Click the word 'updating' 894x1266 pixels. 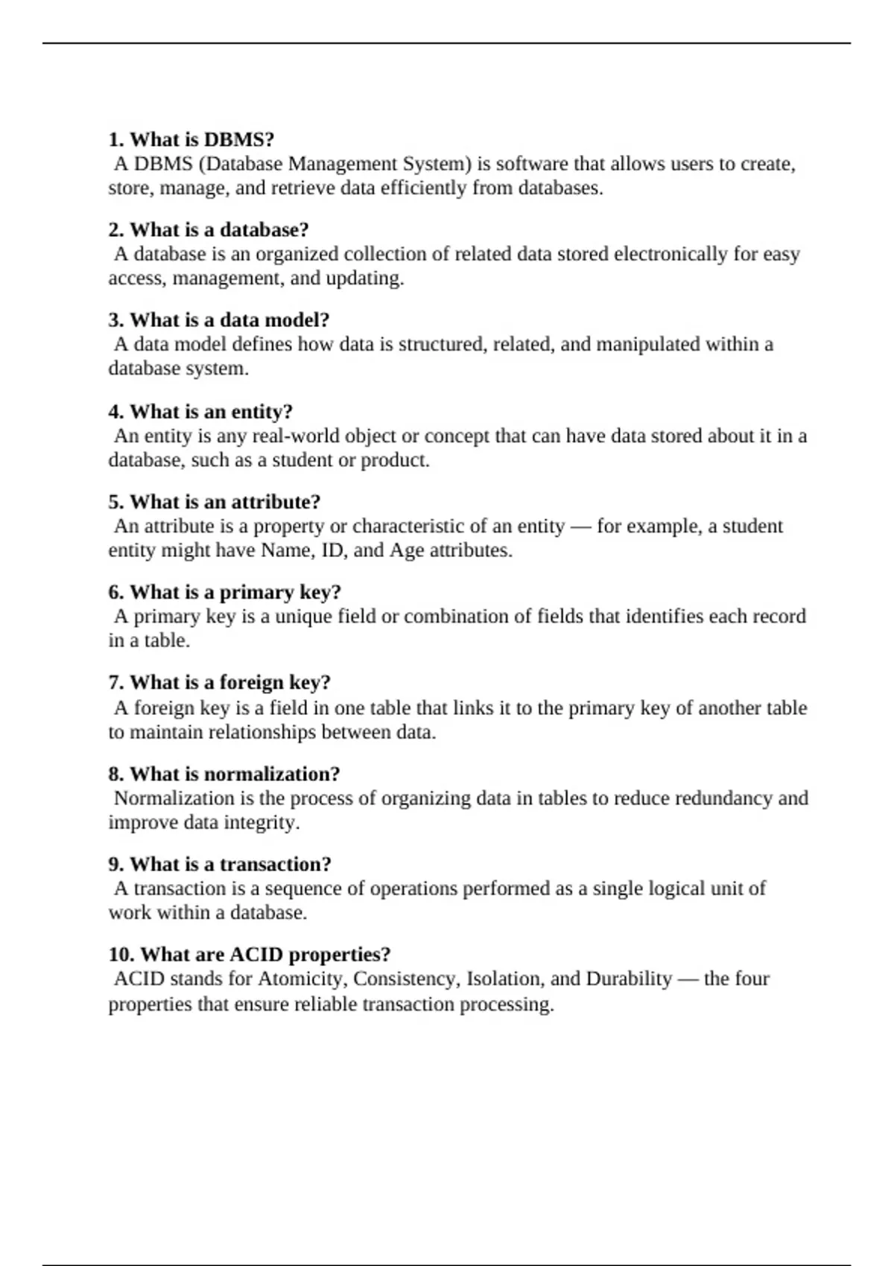pos(363,279)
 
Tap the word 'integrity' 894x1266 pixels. pos(262,823)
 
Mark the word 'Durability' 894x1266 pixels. pos(629,979)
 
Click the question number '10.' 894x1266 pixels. pos(121,955)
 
